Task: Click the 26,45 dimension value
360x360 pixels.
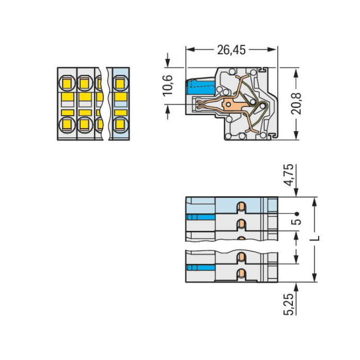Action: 231,50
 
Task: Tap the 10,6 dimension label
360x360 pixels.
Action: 168,85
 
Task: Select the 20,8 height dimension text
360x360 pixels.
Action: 296,104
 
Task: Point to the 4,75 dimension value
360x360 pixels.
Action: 289,175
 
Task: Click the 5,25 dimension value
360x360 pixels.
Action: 289,304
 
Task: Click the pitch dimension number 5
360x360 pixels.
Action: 297,222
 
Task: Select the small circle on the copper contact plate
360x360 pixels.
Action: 228,105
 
